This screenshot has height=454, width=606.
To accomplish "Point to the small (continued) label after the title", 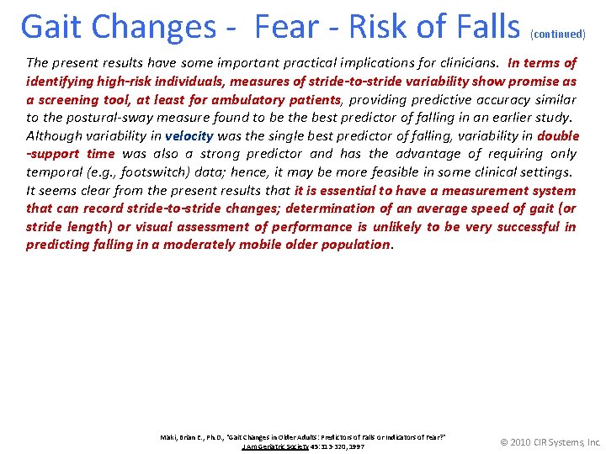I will [x=557, y=34].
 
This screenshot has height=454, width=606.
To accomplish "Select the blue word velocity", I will [x=189, y=135].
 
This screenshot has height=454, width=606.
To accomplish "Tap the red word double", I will [x=557, y=135].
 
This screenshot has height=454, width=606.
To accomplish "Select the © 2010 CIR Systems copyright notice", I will [x=550, y=442].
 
